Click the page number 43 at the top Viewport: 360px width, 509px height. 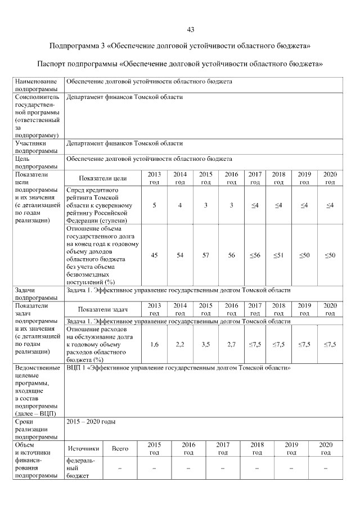(x=190, y=29)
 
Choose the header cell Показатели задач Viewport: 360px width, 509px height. (x=103, y=309)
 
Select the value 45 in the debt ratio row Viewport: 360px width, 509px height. (x=155, y=255)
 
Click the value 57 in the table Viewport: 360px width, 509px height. (x=206, y=255)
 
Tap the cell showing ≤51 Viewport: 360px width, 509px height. (x=278, y=255)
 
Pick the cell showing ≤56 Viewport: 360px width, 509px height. (x=255, y=255)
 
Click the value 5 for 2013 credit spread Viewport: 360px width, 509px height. (x=155, y=205)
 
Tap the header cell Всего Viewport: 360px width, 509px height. (x=120, y=448)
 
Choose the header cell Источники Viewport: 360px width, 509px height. (x=84, y=448)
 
